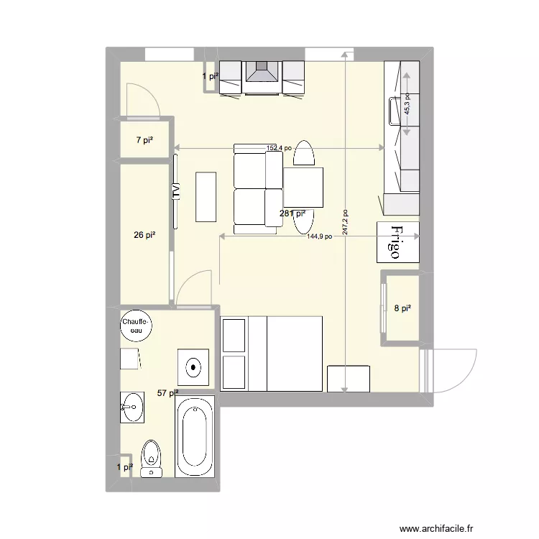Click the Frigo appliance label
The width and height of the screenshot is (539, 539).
click(396, 242)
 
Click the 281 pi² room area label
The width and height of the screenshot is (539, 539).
click(292, 213)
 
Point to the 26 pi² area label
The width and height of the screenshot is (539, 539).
click(144, 234)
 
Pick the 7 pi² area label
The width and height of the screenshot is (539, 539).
click(144, 140)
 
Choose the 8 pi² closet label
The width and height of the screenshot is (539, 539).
click(402, 308)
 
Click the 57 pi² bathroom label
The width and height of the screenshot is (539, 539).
click(167, 392)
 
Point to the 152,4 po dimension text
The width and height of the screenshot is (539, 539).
click(279, 148)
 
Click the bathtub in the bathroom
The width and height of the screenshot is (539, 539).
click(194, 436)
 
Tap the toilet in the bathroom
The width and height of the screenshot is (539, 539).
click(151, 459)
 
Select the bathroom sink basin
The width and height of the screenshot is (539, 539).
click(132, 407)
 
